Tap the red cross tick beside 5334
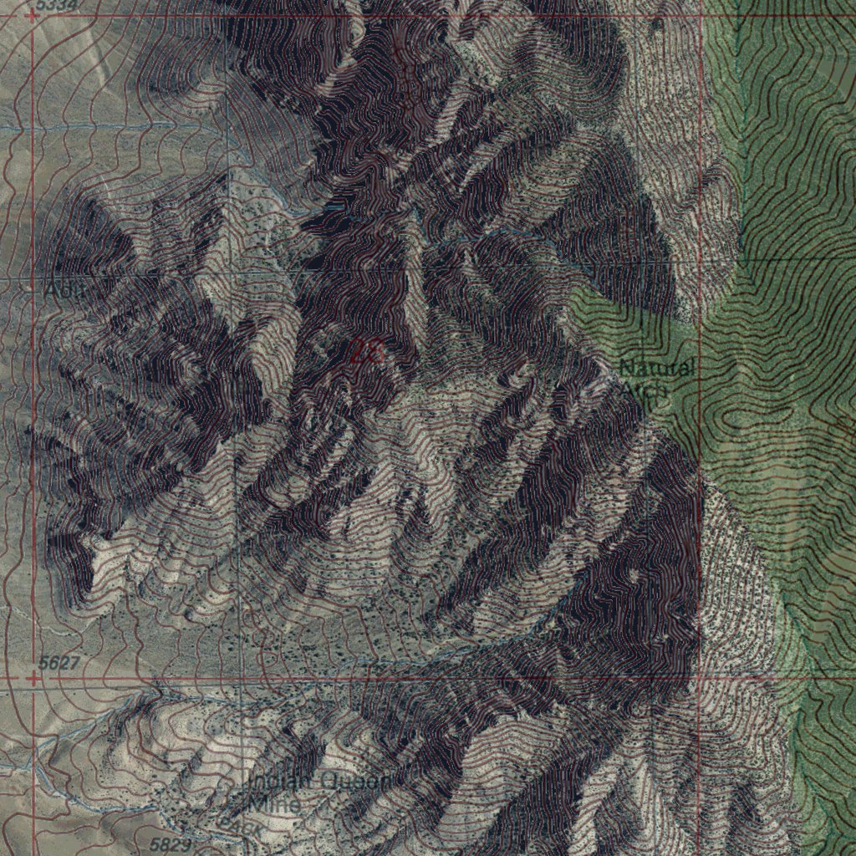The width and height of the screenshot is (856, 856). pyautogui.click(x=32, y=14)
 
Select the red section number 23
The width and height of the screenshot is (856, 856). pyautogui.click(x=366, y=352)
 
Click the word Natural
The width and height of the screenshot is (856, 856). pyautogui.click(x=656, y=368)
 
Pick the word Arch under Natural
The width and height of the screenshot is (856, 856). pyautogui.click(x=644, y=389)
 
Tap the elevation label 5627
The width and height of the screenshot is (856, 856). pyautogui.click(x=59, y=664)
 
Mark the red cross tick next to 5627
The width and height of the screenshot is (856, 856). pyautogui.click(x=33, y=679)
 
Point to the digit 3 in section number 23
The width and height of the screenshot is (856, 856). pyautogui.click(x=375, y=352)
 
